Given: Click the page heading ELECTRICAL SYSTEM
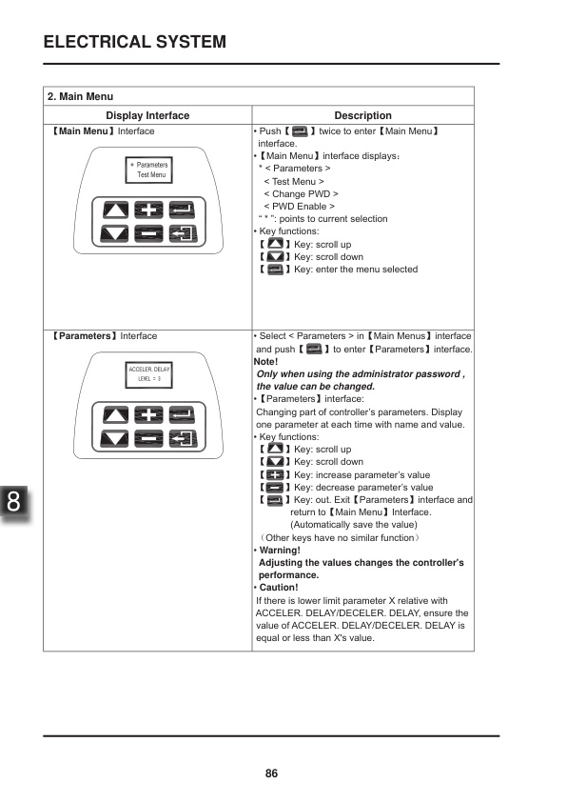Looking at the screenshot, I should click(x=135, y=42).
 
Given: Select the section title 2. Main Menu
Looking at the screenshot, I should click(x=81, y=96).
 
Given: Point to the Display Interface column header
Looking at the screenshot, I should click(x=147, y=115).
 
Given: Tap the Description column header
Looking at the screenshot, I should click(x=362, y=115).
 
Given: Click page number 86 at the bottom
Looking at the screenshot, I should click(x=271, y=773).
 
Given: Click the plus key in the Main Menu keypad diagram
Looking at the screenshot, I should click(x=147, y=211).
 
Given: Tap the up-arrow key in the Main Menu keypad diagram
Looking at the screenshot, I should click(x=114, y=211).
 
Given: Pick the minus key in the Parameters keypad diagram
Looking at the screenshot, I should click(x=147, y=438).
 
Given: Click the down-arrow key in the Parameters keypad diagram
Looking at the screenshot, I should click(x=114, y=438).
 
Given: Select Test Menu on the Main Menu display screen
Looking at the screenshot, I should click(x=151, y=175).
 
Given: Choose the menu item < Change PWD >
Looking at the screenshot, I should click(x=301, y=193).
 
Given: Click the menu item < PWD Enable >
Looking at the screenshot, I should click(x=299, y=206).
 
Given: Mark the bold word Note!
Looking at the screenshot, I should click(x=266, y=362).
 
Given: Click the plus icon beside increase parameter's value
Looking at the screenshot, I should click(x=275, y=474).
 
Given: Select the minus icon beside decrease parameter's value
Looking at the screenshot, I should click(x=275, y=487).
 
